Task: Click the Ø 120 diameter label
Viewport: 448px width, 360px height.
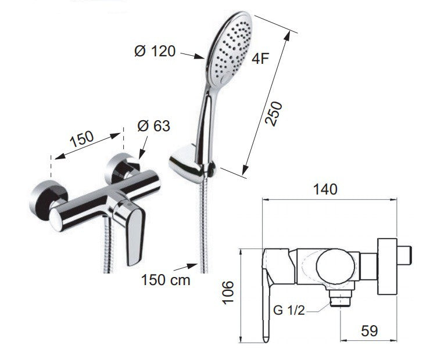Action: coord(155,52)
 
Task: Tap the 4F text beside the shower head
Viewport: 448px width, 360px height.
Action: coord(260,59)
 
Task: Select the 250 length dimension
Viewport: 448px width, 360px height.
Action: coord(274,113)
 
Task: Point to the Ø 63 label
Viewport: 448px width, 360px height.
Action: coord(154,125)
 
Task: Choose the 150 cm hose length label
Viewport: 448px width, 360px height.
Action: coord(166,280)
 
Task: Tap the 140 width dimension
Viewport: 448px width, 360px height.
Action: coord(325,189)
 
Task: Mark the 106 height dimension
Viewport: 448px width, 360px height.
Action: coord(228,292)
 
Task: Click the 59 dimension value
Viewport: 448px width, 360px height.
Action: coord(369,331)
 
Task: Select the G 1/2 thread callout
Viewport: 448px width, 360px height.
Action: coord(289,310)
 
